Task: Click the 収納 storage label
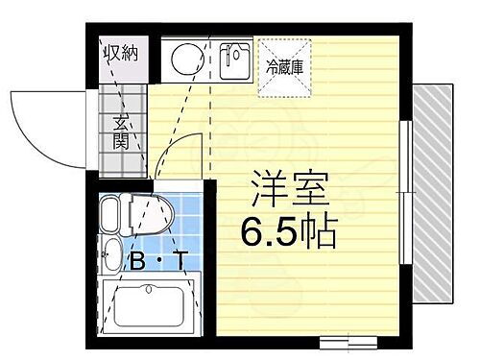[122, 52]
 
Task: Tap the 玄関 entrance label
[122, 132]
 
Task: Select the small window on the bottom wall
[345, 342]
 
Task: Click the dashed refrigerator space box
[283, 67]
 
